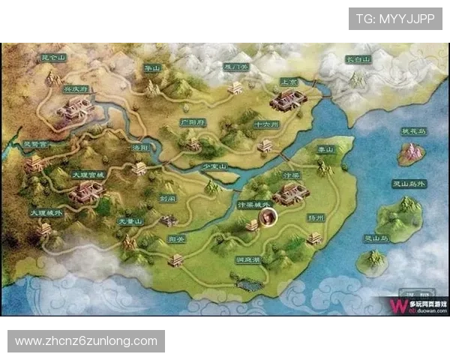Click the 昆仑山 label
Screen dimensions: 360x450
[52, 57]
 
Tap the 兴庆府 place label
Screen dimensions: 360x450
[75, 88]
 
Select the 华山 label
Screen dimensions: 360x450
[153, 68]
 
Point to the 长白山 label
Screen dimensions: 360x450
[358, 58]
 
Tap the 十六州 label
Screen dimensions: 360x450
[266, 124]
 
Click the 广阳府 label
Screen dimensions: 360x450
[192, 121]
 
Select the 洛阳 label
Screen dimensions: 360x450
[140, 148]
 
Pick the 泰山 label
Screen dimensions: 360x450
[325, 150]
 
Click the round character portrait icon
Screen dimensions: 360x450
[267, 218]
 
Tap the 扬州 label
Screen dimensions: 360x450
[316, 217]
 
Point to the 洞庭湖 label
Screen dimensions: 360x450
[247, 261]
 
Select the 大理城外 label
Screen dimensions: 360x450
[46, 213]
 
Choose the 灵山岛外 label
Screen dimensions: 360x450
[409, 183]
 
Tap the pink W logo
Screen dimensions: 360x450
[394, 305]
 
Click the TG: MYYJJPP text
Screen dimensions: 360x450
[395, 18]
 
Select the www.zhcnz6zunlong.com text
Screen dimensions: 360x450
[86, 341]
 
